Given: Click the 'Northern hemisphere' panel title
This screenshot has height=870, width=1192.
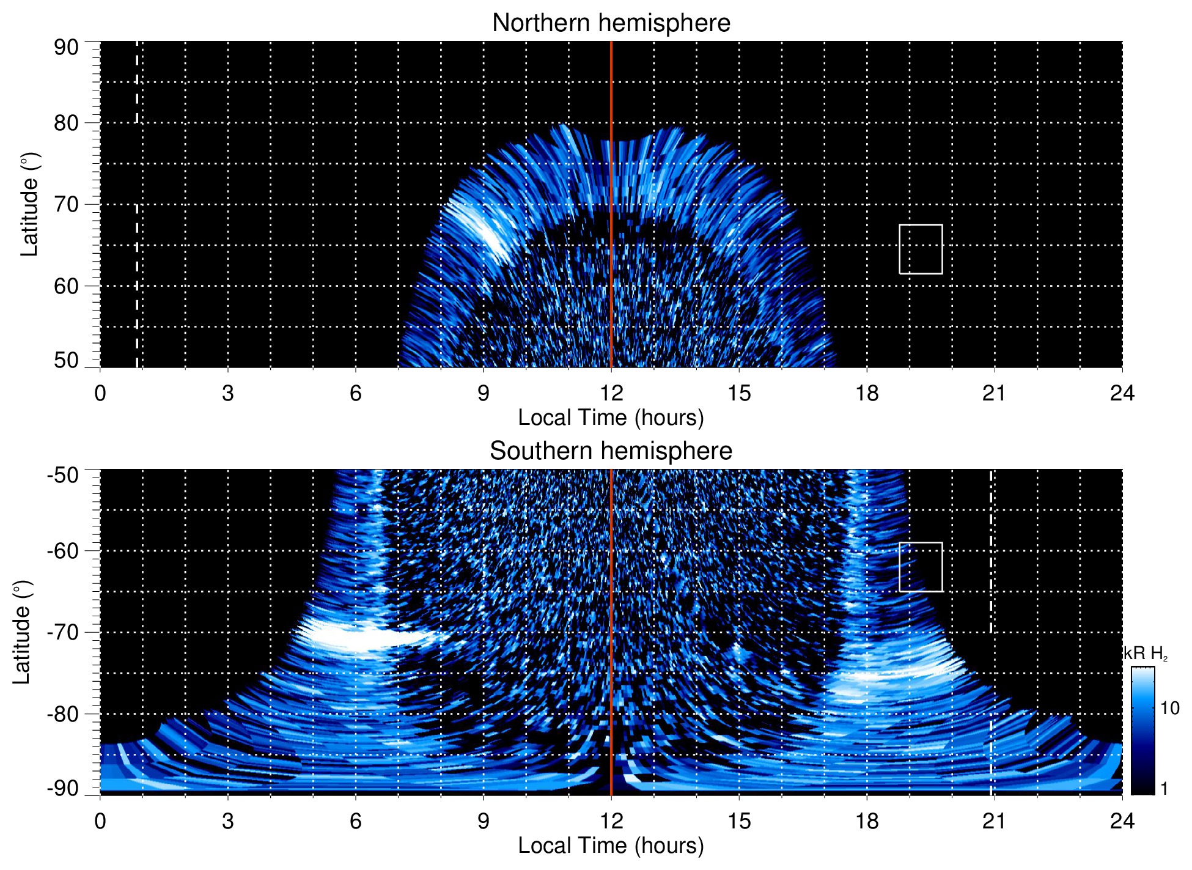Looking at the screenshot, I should [x=611, y=23].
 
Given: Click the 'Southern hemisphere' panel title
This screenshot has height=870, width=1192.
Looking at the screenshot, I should [x=611, y=451].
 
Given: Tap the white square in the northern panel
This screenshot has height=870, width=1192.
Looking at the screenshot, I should [x=921, y=249].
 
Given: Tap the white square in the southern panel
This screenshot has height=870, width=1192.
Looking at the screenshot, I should [x=921, y=567].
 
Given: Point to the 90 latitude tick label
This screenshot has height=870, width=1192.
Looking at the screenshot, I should [x=66, y=47].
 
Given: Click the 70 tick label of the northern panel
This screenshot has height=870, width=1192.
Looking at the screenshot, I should [x=66, y=204].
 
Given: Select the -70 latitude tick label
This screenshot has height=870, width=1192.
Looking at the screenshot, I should [x=63, y=632].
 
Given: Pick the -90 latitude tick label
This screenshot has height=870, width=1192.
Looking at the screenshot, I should [x=63, y=789].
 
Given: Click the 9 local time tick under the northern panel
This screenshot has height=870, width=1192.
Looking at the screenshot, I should [x=484, y=393].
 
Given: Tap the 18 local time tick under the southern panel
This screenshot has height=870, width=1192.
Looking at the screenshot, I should [x=867, y=821].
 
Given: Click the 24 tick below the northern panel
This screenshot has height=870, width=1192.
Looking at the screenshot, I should [x=1122, y=393].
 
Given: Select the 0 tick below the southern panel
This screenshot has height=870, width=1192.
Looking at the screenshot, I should [x=100, y=821].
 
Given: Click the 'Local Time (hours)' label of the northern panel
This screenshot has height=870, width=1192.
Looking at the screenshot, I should [x=611, y=418].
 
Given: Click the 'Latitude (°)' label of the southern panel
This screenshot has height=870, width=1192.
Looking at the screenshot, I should [x=22, y=632].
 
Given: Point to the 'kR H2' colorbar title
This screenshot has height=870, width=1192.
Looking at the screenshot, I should [x=1146, y=654].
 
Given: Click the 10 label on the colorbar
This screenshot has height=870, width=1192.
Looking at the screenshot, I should [x=1169, y=709].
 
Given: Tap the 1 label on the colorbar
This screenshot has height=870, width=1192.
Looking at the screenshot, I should [x=1164, y=789].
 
